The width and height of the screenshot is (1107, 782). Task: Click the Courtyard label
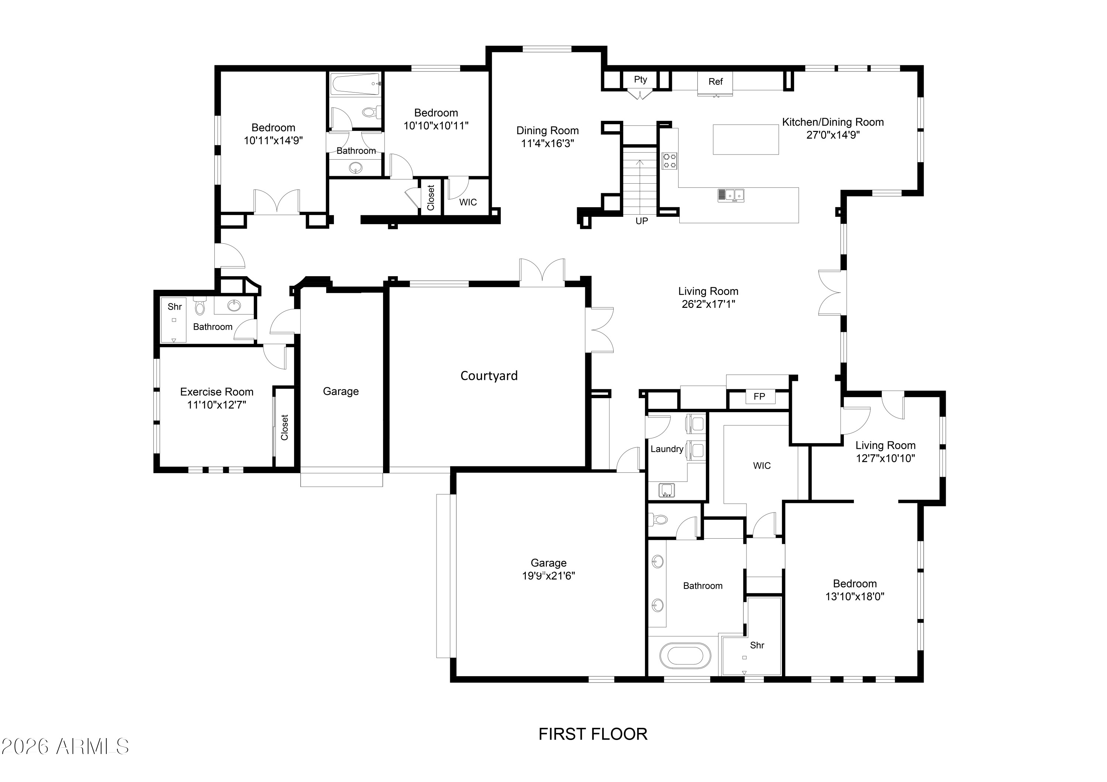489,376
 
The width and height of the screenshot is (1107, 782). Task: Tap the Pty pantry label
640,80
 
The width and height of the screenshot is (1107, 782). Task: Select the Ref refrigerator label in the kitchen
715,81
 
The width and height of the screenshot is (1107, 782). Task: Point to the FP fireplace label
759,397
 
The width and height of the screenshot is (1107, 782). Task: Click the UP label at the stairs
642,221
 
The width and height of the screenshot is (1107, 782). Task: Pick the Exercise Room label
217,392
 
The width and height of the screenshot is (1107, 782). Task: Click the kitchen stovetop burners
669,161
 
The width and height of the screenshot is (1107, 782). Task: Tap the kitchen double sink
731,195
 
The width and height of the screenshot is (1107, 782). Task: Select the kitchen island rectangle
746,139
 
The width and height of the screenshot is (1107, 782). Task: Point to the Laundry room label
667,449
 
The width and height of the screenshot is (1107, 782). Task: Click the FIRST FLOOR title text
593,734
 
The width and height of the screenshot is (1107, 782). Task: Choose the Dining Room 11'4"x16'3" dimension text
548,143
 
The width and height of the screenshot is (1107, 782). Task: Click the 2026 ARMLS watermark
65,746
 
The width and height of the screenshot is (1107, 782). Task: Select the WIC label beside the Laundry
762,465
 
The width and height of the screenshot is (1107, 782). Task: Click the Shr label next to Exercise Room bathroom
175,306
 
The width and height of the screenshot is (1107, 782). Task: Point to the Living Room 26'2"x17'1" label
708,297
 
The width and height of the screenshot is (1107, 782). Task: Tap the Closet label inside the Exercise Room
284,427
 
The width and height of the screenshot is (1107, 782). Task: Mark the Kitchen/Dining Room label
833,122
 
